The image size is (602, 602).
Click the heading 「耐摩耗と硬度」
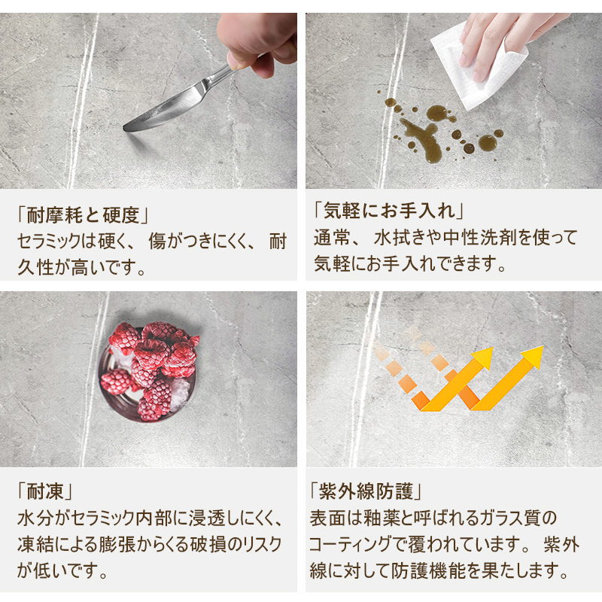[x=83, y=215]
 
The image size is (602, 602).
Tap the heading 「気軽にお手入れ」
[x=388, y=211]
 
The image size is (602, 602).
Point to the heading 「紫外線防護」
[x=366, y=491]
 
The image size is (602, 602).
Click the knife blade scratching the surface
[x=165, y=109]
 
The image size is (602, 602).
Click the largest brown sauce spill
[x=421, y=138]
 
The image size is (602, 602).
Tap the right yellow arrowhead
[x=533, y=356]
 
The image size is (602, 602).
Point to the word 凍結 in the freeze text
[x=35, y=545]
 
